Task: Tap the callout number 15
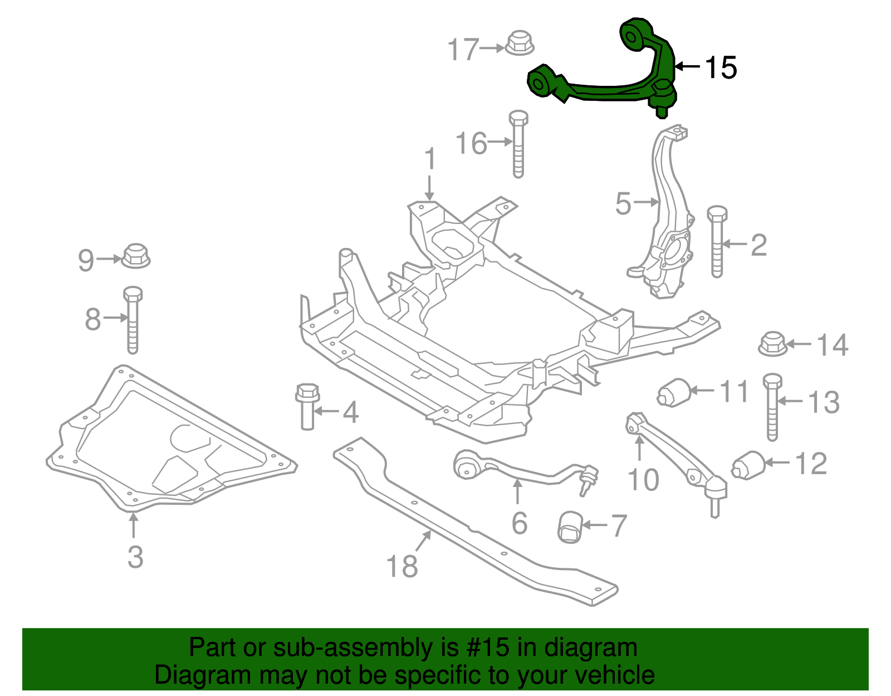click(721, 68)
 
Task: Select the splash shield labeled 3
click(167, 446)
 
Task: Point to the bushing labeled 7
click(570, 527)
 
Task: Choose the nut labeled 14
click(772, 344)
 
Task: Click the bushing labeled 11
click(674, 393)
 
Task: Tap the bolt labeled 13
click(772, 407)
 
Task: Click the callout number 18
click(402, 566)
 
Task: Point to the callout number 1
click(430, 160)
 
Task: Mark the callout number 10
click(643, 480)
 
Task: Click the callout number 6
click(519, 523)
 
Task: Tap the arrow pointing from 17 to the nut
click(492, 48)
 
